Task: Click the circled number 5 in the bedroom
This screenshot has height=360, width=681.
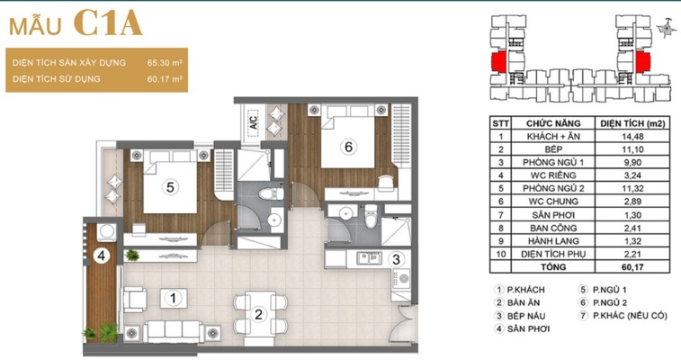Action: [170, 187]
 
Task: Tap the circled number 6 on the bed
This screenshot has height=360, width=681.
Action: [348, 148]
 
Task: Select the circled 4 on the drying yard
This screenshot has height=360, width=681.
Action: [101, 256]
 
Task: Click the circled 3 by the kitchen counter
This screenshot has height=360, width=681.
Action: [396, 260]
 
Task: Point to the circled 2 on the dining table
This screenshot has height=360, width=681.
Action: [258, 314]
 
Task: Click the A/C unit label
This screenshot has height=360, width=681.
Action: [254, 122]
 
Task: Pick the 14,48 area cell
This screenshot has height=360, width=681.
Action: [632, 137]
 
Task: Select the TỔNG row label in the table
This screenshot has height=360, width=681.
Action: [553, 266]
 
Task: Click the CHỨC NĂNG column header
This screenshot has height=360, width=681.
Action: [553, 123]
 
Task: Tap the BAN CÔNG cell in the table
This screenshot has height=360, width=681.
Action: [553, 228]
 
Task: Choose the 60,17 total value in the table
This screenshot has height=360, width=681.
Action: [632, 266]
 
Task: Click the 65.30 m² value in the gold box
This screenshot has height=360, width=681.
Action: [165, 62]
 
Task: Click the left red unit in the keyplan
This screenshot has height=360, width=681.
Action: [498, 62]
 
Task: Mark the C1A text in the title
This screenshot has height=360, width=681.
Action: [108, 23]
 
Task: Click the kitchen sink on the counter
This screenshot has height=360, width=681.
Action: [369, 258]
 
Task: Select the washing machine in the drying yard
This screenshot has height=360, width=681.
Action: [106, 232]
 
